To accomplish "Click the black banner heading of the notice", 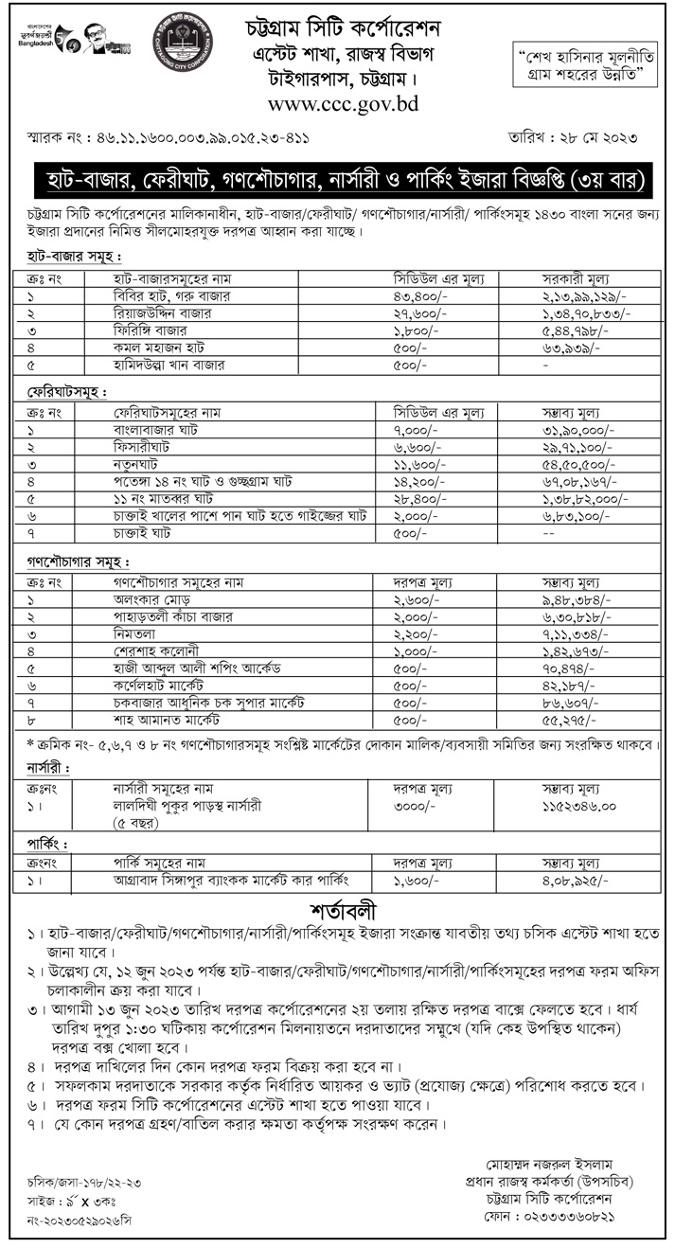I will click(338, 178).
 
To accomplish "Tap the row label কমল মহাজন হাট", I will click(151, 344).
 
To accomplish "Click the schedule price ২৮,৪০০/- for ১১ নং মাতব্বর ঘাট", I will click(418, 496).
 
